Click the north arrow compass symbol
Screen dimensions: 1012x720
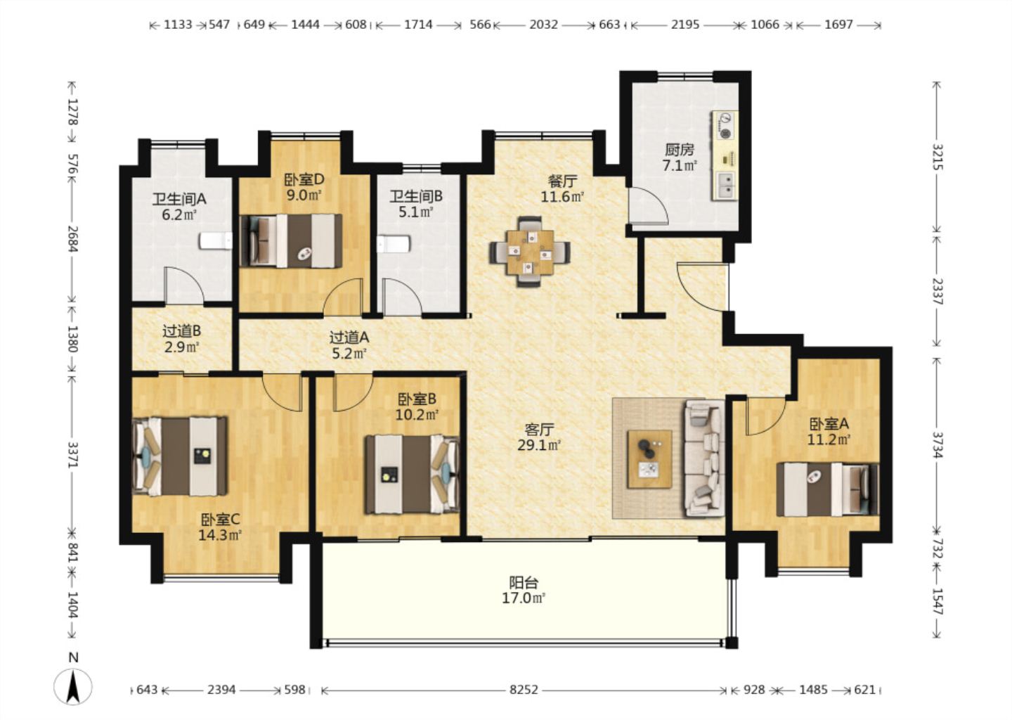(73, 685)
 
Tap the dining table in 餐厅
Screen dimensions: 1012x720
(530, 252)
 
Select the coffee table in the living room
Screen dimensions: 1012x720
(649, 458)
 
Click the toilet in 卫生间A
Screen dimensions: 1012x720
(215, 240)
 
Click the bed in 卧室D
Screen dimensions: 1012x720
(290, 241)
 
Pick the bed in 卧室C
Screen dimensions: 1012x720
(180, 456)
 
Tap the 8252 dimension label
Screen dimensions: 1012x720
(524, 690)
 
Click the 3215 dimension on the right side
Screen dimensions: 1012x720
(938, 156)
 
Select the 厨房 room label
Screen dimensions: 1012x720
(680, 150)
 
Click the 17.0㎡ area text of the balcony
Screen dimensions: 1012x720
(524, 598)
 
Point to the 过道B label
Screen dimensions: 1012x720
(181, 331)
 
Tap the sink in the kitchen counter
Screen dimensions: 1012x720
(726, 185)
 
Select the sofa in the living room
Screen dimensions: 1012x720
(704, 458)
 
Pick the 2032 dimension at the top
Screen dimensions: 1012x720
(543, 25)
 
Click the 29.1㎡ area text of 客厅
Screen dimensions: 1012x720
(539, 445)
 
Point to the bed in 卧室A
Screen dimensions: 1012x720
(827, 489)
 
